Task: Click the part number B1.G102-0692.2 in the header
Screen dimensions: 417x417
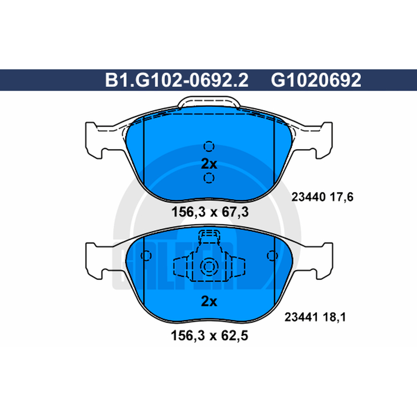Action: click(x=177, y=80)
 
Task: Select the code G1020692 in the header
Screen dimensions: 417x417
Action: click(x=316, y=80)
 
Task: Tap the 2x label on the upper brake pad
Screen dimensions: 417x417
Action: click(x=209, y=164)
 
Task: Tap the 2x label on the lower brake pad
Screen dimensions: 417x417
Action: click(x=209, y=301)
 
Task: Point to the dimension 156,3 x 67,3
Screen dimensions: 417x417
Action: click(x=210, y=212)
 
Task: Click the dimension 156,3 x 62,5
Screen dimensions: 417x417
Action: click(x=210, y=335)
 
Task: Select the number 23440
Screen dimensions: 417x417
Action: click(x=309, y=197)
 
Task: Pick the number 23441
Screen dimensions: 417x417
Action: click(x=301, y=317)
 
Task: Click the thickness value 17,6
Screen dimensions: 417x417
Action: click(x=342, y=198)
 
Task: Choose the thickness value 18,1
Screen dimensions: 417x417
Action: click(x=334, y=317)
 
